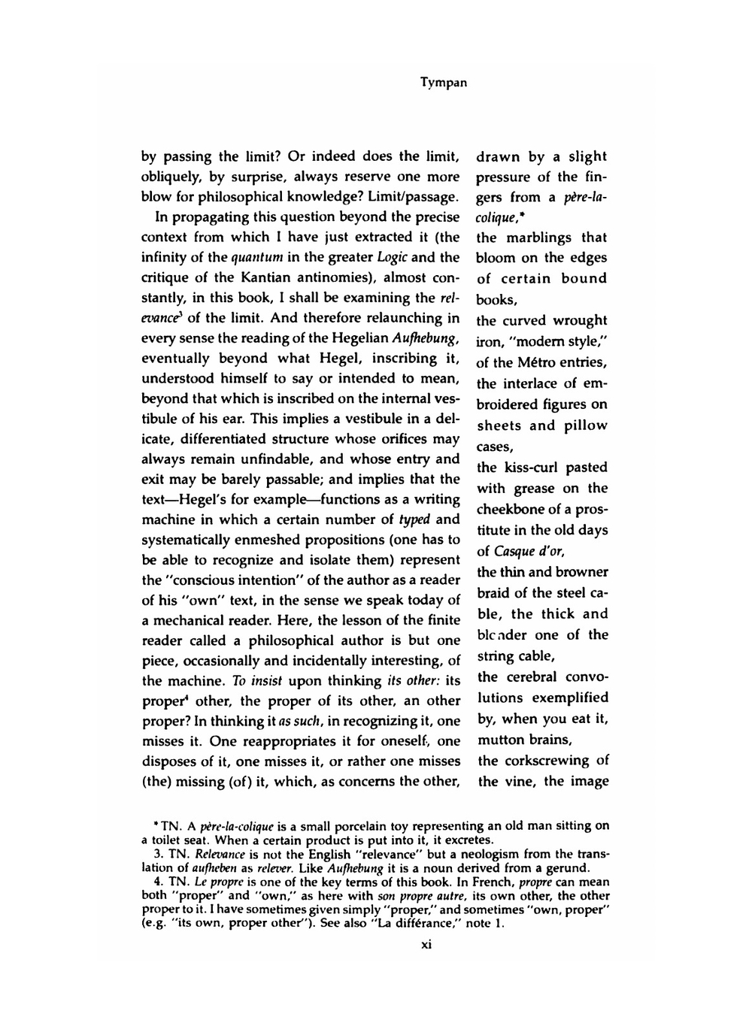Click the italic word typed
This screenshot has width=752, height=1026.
click(414, 519)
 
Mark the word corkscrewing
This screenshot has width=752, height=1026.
click(547, 760)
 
